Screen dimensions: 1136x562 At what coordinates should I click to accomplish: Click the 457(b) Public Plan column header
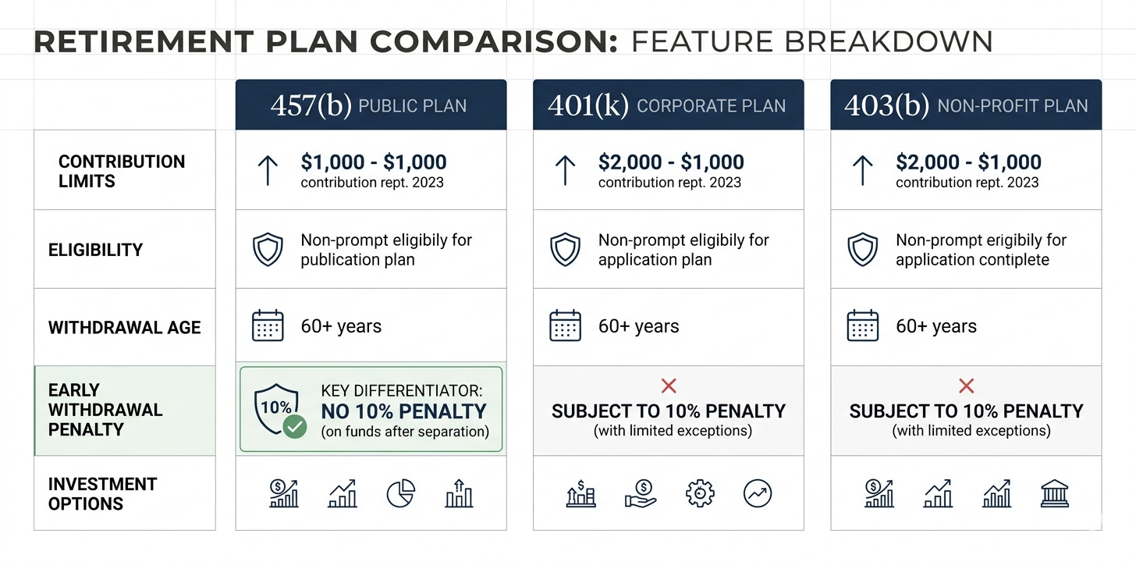pos(371,105)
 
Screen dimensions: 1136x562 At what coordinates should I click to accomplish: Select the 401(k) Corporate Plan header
pos(669,105)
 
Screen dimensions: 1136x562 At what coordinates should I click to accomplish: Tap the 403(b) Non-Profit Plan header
pos(966,105)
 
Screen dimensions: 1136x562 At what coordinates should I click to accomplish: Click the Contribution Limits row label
pos(122,171)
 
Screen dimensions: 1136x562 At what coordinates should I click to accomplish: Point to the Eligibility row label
pos(95,250)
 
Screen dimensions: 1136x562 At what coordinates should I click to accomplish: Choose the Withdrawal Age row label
pos(124,327)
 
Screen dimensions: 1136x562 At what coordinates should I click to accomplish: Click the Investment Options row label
pos(102,493)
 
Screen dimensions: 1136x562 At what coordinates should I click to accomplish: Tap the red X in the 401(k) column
pos(669,386)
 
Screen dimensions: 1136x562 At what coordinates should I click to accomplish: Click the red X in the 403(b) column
pos(966,386)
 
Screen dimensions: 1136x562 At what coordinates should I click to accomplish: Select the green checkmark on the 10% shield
pos(295,426)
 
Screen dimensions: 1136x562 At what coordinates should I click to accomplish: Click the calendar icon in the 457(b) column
pos(268,325)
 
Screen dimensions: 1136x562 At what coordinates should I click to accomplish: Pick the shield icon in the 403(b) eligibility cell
pos(863,249)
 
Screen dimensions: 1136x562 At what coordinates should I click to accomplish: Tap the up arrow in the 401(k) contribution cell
pos(565,170)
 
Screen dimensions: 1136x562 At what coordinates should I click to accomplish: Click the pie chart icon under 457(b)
pos(401,493)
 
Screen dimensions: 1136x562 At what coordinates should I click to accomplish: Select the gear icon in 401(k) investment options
pos(700,493)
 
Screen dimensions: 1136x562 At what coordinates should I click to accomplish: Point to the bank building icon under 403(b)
pos(1054,493)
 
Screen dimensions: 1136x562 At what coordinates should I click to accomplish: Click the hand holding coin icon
pos(641,493)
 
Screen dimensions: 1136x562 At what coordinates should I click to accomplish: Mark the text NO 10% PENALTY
pos(403,411)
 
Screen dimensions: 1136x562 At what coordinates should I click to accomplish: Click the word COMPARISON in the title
pos(494,41)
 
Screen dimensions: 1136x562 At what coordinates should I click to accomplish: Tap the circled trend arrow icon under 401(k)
pos(758,493)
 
